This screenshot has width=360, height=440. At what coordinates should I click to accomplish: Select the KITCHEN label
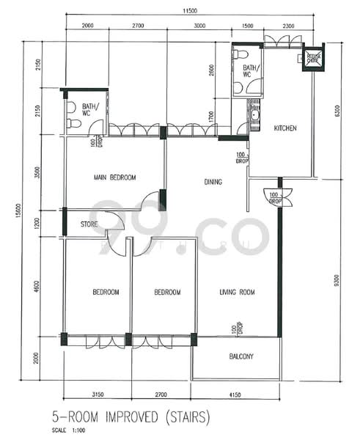285,128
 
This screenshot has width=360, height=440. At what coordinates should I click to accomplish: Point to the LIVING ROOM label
237,293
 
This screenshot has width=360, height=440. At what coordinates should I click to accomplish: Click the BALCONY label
237,357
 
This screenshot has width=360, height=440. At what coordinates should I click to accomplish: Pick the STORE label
89,225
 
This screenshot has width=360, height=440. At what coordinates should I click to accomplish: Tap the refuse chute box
314,58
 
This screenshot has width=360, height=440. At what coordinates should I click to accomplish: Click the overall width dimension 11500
193,10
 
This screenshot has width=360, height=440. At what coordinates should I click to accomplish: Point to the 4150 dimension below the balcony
237,395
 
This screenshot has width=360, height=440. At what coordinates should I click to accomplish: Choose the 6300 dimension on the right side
337,111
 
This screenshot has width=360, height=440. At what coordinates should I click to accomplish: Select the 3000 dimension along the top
199,26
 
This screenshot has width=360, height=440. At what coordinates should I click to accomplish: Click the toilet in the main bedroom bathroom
72,123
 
